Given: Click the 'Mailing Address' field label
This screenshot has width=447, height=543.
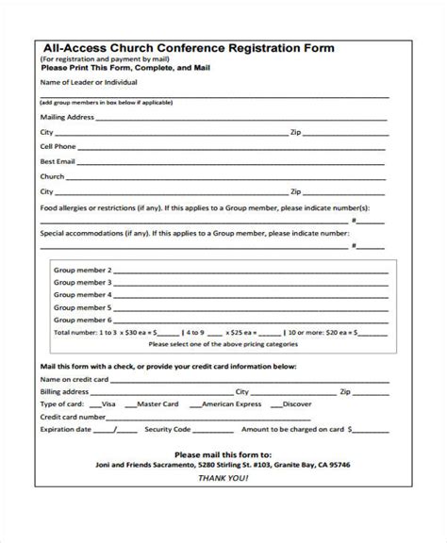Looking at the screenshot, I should [67, 118].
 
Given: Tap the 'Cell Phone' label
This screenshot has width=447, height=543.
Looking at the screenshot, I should [58, 147].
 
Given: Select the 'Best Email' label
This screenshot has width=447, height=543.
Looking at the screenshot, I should [58, 162].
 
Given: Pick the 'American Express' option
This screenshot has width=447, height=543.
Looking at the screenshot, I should [231, 403].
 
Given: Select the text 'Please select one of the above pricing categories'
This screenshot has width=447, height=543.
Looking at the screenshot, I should [220, 344].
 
